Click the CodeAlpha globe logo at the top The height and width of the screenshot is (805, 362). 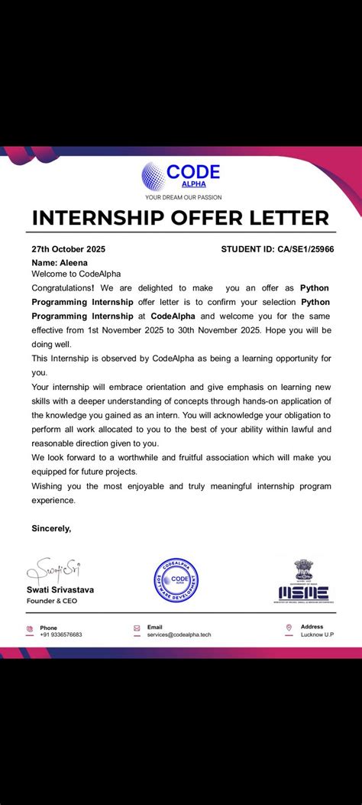pyautogui.click(x=154, y=176)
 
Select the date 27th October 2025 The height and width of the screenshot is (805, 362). pyautogui.click(x=68, y=249)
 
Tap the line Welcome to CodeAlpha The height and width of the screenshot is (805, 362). pyautogui.click(x=76, y=274)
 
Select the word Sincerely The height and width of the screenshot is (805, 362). pyautogui.click(x=51, y=528)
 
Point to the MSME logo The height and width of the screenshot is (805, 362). pyautogui.click(x=302, y=583)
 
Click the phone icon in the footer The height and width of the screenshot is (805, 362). pyautogui.click(x=30, y=630)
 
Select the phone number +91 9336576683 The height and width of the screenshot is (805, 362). pyautogui.click(x=61, y=635)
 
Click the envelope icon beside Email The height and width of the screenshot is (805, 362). pyautogui.click(x=137, y=628)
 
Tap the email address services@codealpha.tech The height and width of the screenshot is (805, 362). pyautogui.click(x=179, y=635)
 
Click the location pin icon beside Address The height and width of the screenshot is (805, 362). pyautogui.click(x=289, y=628)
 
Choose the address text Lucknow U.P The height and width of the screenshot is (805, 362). pyautogui.click(x=318, y=635)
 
